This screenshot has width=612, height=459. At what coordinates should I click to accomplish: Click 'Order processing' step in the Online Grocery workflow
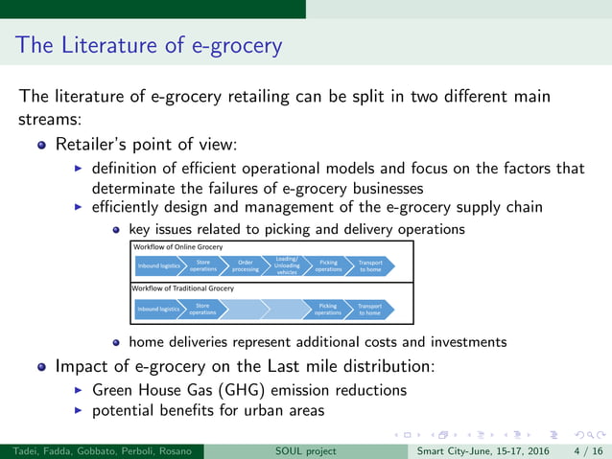(246, 265)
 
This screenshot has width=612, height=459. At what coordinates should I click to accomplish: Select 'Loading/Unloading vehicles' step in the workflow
(287, 265)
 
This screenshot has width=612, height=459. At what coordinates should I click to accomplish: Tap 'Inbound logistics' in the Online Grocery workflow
(158, 265)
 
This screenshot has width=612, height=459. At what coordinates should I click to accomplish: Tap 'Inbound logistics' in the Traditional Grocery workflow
(158, 309)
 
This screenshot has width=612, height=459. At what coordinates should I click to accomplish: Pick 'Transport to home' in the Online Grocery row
(370, 265)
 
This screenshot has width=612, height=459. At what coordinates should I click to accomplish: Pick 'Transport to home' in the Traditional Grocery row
(370, 309)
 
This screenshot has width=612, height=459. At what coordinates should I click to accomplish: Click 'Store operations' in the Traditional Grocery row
(202, 309)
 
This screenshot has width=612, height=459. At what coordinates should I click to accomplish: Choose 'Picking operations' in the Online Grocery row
(328, 265)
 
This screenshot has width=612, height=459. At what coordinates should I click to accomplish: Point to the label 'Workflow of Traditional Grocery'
(182, 288)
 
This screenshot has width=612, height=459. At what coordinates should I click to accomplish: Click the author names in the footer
(101, 450)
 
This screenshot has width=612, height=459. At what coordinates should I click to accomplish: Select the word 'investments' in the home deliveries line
(469, 341)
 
